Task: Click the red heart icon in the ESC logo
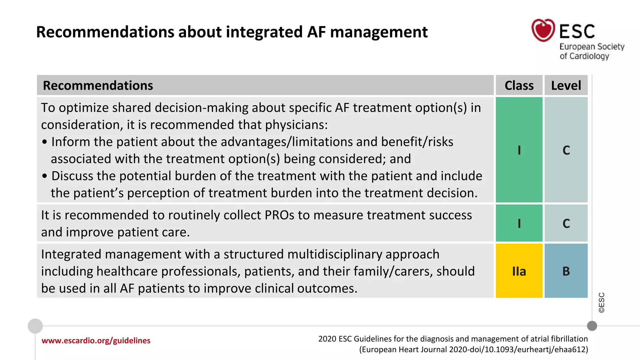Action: pyautogui.click(x=543, y=30)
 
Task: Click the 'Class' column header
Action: pyautogui.click(x=519, y=85)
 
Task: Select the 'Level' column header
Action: pyautogui.click(x=566, y=85)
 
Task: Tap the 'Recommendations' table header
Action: pyautogui.click(x=98, y=85)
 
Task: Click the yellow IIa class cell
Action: pyautogui.click(x=519, y=271)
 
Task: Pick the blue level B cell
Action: pyautogui.click(x=566, y=271)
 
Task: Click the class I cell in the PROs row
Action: pyautogui.click(x=519, y=223)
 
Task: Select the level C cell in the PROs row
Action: pyautogui.click(x=566, y=223)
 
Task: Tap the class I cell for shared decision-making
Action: pyautogui.click(x=519, y=150)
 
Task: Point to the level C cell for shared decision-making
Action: pyautogui.click(x=566, y=150)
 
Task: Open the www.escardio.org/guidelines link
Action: pyautogui.click(x=96, y=341)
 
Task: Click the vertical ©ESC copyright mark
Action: pyautogui.click(x=602, y=302)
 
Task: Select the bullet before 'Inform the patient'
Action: pyautogui.click(x=45, y=142)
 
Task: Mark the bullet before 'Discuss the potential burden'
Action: pyautogui.click(x=45, y=176)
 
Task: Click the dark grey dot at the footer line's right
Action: pyautogui.click(x=592, y=326)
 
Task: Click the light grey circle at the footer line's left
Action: pyautogui.click(x=35, y=326)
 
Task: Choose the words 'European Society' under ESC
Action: pyautogui.click(x=592, y=47)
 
